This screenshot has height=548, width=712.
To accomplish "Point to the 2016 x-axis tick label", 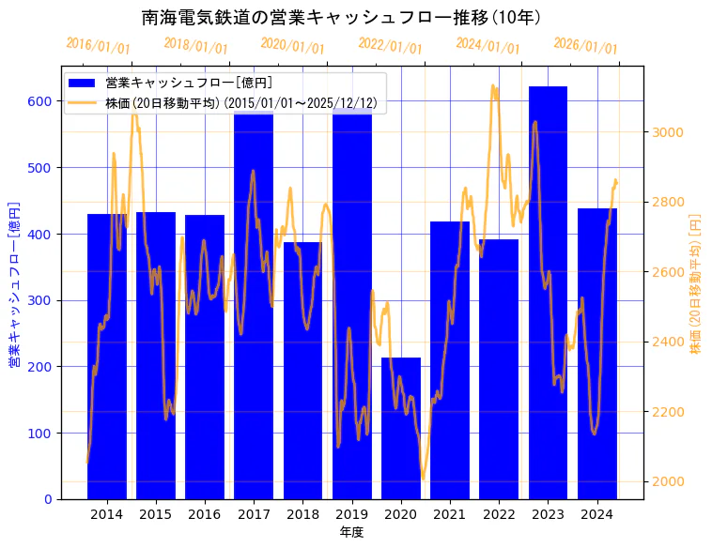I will pos(205,513).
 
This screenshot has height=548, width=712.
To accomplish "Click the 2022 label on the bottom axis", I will pos(499,513).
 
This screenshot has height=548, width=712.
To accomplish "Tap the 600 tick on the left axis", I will pos(42,101).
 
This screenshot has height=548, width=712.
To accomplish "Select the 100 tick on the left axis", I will pos(42,434).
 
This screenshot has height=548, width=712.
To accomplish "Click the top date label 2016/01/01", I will pos(98,45).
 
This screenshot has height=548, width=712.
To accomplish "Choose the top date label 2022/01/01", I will pos(390,45).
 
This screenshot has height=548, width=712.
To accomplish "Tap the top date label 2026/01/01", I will pos(585,45).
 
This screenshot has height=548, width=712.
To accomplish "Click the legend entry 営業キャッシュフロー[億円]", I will pos(189,83).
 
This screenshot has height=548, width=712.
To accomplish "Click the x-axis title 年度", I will pos(351,532).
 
